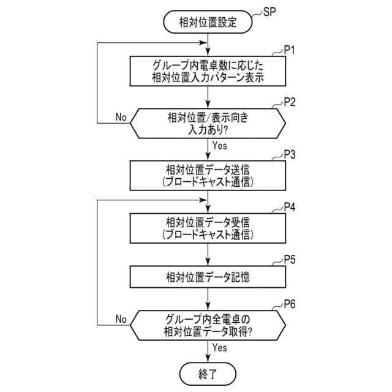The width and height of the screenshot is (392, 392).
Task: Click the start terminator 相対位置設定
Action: coord(208,23)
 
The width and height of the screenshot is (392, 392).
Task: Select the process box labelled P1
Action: coord(208,72)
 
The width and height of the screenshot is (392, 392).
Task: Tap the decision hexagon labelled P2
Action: coord(208,123)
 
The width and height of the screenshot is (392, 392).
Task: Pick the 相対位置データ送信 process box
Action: coord(208,175)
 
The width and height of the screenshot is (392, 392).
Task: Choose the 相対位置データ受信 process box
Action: coord(208,227)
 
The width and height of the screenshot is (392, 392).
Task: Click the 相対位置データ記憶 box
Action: coord(208,277)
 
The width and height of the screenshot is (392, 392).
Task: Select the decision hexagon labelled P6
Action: coord(208,325)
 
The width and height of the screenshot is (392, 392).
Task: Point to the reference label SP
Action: coord(269,12)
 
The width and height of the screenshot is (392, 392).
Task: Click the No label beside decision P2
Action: coord(121,116)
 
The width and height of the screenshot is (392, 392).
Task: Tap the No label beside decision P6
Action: coord(121,318)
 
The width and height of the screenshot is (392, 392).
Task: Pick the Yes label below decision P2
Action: coord(219,145)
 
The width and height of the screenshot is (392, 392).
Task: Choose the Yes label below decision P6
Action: coord(219,347)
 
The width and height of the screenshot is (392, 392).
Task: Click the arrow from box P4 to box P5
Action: coord(209,254)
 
